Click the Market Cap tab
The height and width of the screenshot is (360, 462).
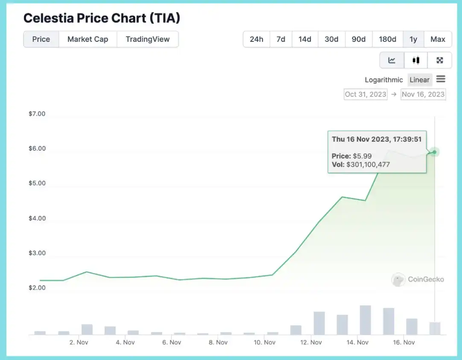[88, 39]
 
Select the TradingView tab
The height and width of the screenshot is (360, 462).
[147, 39]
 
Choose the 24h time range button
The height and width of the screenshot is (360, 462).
[256, 39]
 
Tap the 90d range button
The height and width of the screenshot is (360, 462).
[359, 39]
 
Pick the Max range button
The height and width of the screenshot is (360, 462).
[438, 39]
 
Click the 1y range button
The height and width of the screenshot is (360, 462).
[413, 39]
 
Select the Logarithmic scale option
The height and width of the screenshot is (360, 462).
[383, 80]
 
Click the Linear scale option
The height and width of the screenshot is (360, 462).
[419, 80]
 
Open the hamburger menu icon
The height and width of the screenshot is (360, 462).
[441, 79]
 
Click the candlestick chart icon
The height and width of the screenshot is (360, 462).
[415, 60]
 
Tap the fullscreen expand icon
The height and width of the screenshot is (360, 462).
[439, 60]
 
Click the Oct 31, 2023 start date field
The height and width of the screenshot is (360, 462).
[366, 94]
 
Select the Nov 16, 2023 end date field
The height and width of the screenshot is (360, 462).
[423, 94]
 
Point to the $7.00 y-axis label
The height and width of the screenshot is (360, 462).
[36, 114]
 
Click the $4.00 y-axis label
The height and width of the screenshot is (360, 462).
[36, 218]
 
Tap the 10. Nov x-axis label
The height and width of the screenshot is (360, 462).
[264, 342]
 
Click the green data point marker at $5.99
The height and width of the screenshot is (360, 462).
[434, 152]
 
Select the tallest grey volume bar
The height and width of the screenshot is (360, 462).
[365, 320]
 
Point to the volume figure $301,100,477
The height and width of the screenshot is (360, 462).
[368, 164]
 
